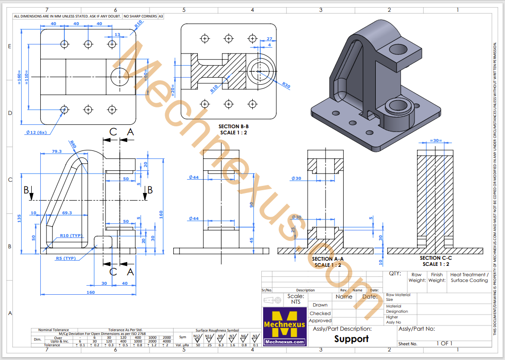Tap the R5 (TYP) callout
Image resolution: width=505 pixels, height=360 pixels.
(x=66, y=258)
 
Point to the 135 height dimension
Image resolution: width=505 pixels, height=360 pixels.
(x=19, y=219)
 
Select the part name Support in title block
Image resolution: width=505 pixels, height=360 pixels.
(x=351, y=339)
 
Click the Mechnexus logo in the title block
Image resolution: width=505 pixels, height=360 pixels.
(x=284, y=326)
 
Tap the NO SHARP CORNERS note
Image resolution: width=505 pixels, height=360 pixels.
(x=140, y=16)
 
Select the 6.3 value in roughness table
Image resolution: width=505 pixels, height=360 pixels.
(x=221, y=345)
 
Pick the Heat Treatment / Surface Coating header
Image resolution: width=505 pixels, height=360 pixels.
(x=469, y=277)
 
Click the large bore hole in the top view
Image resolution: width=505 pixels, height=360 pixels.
(x=119, y=76)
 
